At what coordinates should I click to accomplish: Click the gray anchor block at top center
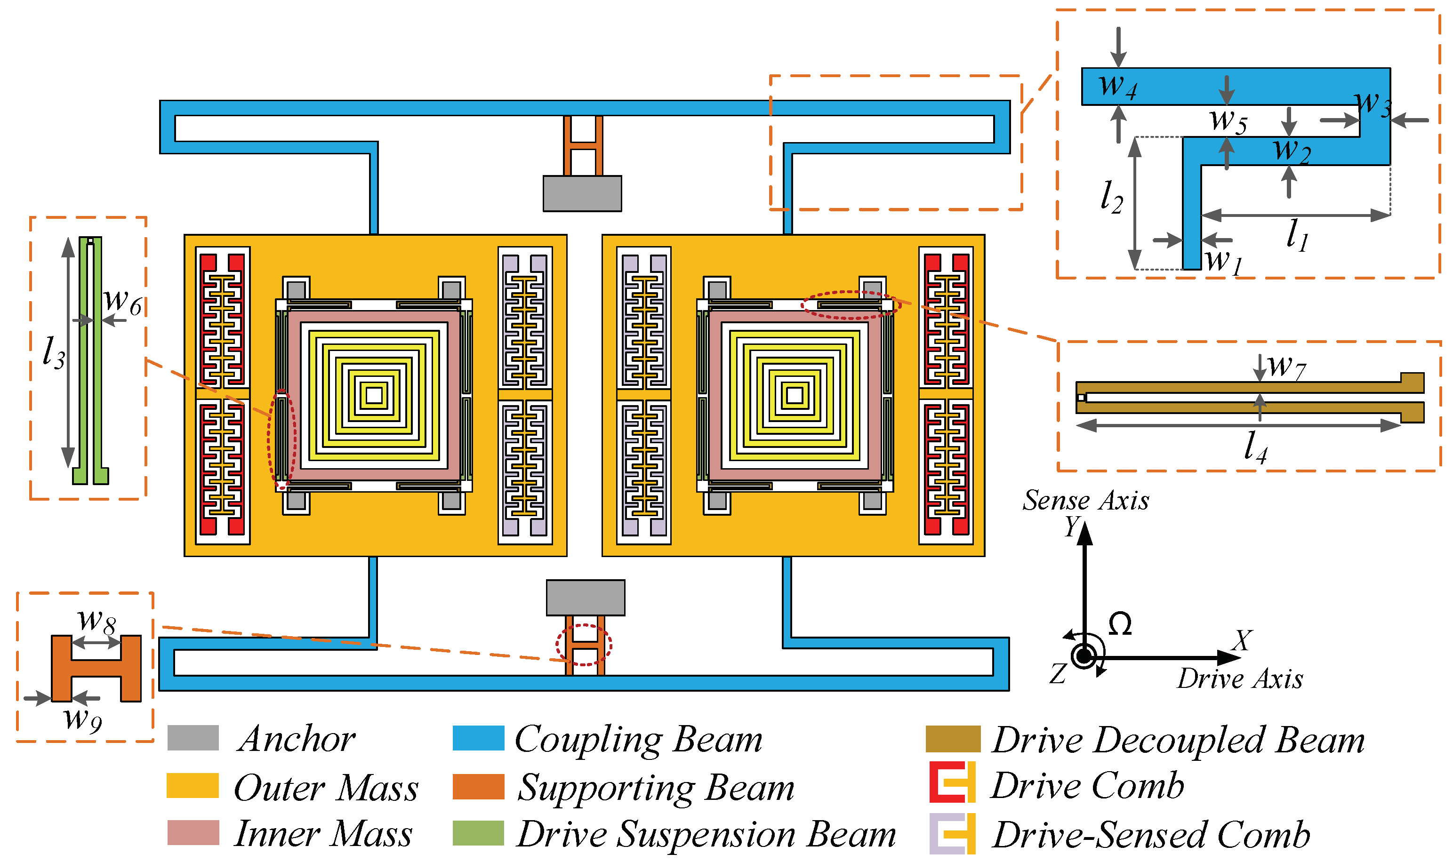click(x=582, y=193)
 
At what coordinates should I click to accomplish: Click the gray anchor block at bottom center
click(x=585, y=598)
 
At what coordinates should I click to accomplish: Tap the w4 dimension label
click(x=1117, y=86)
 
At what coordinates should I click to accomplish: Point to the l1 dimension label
click(x=1296, y=235)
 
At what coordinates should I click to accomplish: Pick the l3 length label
click(x=54, y=352)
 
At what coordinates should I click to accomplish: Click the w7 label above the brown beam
click(x=1286, y=367)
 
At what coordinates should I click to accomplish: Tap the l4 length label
click(x=1255, y=447)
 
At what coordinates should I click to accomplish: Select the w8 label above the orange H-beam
click(x=96, y=622)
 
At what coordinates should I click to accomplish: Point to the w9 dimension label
click(x=82, y=720)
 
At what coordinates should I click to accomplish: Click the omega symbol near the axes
click(x=1120, y=624)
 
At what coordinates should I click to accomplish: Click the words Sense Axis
click(x=1085, y=501)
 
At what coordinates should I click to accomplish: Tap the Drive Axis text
click(x=1240, y=679)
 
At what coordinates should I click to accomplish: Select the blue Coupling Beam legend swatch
click(x=478, y=738)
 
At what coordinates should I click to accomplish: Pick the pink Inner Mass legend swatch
click(x=193, y=832)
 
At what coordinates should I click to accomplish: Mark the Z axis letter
click(x=1058, y=674)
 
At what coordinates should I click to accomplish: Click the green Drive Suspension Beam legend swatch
click(x=478, y=832)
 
